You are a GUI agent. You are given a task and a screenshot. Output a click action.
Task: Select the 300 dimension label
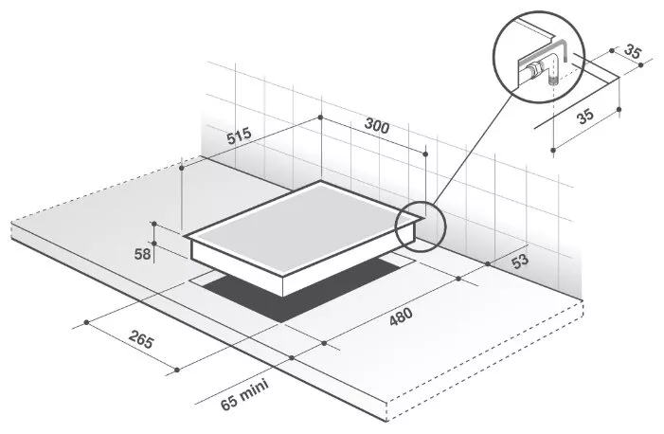point(376,125)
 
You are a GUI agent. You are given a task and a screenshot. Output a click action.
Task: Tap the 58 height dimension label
point(142,254)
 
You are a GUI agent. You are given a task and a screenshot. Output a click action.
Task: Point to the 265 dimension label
point(140,339)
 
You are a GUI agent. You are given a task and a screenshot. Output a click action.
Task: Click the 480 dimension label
point(401,316)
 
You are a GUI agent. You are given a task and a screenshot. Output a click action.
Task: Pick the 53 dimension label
point(520,261)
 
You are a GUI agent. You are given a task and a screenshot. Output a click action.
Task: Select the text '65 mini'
point(244,394)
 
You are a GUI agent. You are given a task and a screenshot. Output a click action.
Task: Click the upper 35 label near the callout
point(633,52)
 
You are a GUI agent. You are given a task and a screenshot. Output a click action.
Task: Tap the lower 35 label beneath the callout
point(584,116)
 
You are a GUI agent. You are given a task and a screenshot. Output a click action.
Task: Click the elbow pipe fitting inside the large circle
point(553,69)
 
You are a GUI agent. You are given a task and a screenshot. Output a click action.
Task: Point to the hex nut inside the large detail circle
point(536,67)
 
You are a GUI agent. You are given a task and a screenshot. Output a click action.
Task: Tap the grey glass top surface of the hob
point(302,229)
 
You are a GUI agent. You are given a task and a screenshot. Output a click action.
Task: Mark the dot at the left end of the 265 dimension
point(86,322)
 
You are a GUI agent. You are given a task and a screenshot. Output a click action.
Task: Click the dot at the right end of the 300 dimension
point(425,154)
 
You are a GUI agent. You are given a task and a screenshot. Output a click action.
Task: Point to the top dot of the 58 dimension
point(154,224)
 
